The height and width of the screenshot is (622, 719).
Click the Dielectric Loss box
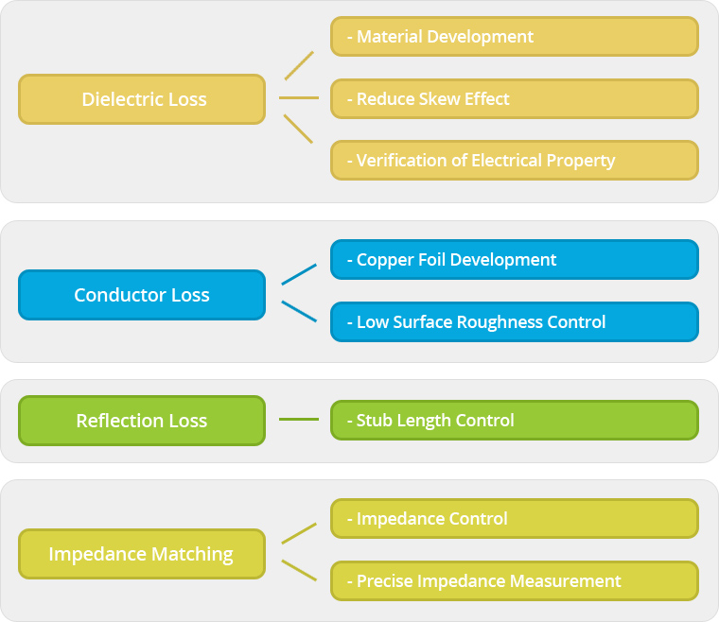click(142, 99)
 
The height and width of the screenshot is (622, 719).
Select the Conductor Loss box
click(142, 295)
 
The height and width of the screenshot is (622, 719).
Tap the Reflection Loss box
click(142, 421)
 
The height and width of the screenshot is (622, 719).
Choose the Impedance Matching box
click(142, 554)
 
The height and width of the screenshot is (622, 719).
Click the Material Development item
click(515, 37)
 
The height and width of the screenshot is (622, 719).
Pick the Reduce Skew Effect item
click(515, 99)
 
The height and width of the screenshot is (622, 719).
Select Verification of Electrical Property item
click(515, 161)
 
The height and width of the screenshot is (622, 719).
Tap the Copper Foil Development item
click(515, 259)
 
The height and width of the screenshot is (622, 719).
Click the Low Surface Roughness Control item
click(515, 322)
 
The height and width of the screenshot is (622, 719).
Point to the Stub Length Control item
click(515, 420)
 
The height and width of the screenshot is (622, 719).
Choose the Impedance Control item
click(515, 518)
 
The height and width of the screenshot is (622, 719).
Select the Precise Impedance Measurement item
click(515, 580)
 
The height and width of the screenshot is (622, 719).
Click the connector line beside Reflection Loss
click(299, 419)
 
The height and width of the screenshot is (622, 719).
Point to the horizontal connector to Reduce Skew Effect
click(299, 98)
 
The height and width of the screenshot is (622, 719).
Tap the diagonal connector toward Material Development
click(299, 66)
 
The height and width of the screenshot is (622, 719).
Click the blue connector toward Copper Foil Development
click(299, 274)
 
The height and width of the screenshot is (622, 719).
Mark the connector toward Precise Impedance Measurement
click(299, 570)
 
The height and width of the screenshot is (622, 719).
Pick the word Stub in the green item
click(374, 420)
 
